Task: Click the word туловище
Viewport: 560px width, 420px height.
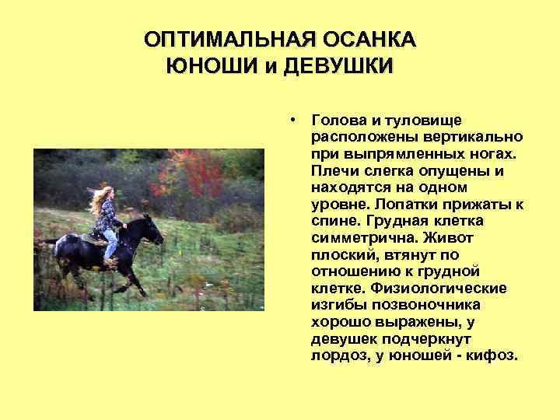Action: [x=421, y=121]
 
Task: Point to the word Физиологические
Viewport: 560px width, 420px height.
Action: [x=440, y=289]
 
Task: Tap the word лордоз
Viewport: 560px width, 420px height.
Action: [x=337, y=356]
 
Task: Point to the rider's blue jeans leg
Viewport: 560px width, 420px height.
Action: [x=112, y=245]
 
